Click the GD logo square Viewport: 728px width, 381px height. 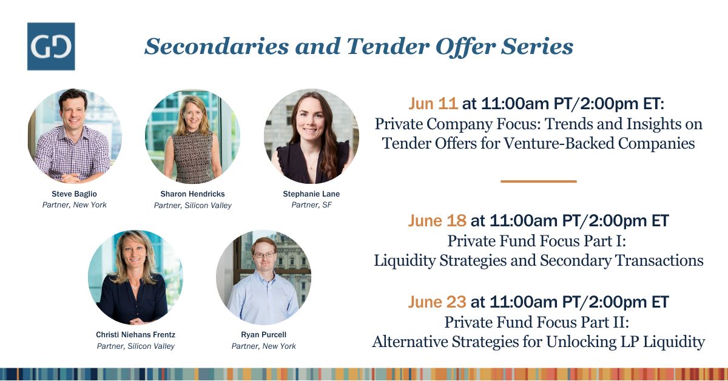(x=51, y=47)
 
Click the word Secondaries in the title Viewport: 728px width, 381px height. (x=217, y=46)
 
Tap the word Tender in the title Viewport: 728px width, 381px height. (x=388, y=46)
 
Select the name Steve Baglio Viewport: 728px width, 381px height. (x=74, y=194)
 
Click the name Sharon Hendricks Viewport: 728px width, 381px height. (x=192, y=194)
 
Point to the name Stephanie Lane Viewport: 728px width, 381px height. (x=311, y=194)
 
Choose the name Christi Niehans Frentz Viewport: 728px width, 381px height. (x=135, y=334)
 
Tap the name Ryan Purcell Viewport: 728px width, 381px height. (x=263, y=334)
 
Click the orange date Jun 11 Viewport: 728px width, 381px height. (x=433, y=104)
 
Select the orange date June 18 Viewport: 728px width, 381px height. (x=437, y=220)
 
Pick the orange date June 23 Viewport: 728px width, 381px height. (x=437, y=302)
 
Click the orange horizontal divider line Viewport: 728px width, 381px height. (x=539, y=181)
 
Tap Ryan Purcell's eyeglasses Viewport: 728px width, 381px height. (x=264, y=255)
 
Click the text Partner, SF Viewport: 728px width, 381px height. (x=311, y=205)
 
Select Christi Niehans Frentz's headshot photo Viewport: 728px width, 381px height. (x=135, y=277)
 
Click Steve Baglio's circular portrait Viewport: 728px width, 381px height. (x=75, y=136)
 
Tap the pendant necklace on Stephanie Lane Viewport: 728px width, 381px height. (x=311, y=167)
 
